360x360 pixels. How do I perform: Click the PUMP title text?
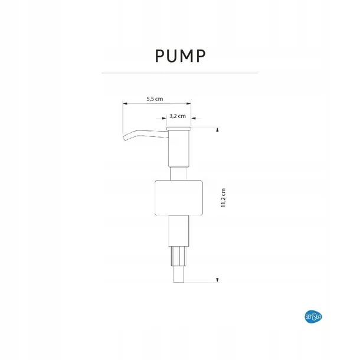180,56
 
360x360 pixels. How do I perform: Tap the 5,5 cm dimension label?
155,99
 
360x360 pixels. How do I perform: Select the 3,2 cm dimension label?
178,116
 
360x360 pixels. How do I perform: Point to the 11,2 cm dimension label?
223,198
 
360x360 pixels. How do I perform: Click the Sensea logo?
313,317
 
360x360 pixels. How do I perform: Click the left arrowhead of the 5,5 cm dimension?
125,103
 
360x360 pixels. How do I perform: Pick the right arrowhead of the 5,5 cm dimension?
188,103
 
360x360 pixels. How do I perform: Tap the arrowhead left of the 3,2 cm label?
164,119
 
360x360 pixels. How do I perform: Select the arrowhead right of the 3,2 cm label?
194,119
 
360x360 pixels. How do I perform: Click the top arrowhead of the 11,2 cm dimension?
217,130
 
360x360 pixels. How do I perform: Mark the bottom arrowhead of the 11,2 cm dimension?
217,280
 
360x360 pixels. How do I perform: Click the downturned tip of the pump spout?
124,138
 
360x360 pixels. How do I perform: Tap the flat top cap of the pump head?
179,128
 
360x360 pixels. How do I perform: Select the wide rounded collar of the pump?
179,198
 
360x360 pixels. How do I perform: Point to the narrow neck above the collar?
179,174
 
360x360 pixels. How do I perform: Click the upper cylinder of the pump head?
179,148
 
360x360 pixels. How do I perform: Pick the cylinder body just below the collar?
179,231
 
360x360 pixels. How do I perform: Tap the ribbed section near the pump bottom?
179,256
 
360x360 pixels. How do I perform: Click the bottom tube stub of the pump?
179,274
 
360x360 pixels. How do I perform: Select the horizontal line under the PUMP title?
180,73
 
